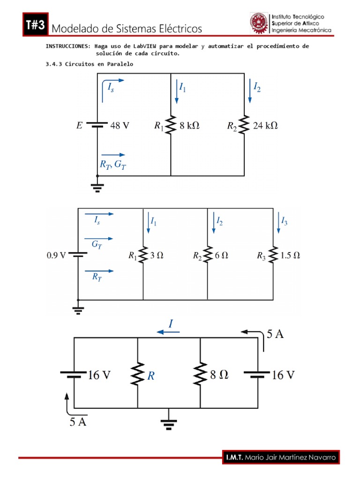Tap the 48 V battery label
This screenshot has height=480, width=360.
pos(120,126)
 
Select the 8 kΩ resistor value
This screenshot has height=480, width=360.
pos(189,126)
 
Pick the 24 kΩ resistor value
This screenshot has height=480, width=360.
pos(265,126)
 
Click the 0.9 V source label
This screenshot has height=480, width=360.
pos(56,256)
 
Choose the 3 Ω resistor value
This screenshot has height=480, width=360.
pos(156,256)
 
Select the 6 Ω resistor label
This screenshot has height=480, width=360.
pos(221,256)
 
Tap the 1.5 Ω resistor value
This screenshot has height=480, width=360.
pos(290,256)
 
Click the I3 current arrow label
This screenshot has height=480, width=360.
pos(284,221)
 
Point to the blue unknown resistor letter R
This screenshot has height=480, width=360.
pos(151,375)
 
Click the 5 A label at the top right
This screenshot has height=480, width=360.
pos(275,334)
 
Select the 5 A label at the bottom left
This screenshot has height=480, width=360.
pos(78,421)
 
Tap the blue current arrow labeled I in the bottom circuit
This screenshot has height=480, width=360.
pos(168,331)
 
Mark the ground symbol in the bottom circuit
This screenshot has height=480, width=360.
pos(169,423)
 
